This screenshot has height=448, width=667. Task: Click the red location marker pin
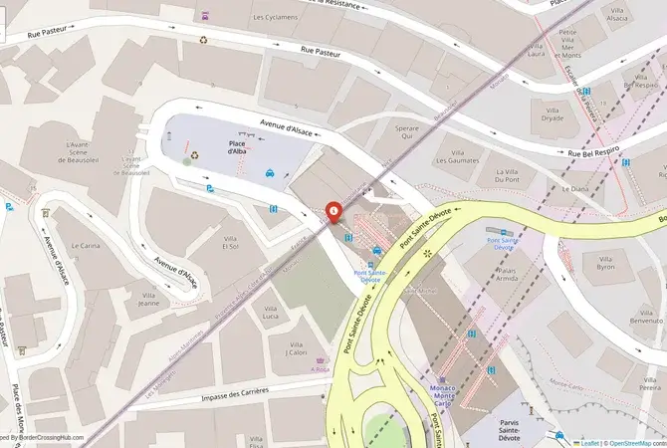pos(332,211)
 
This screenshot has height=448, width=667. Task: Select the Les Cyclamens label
pos(275,17)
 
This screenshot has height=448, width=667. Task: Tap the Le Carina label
pos(86,245)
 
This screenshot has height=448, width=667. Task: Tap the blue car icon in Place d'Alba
pos(270,173)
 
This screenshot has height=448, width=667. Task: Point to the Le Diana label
pos(576,188)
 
